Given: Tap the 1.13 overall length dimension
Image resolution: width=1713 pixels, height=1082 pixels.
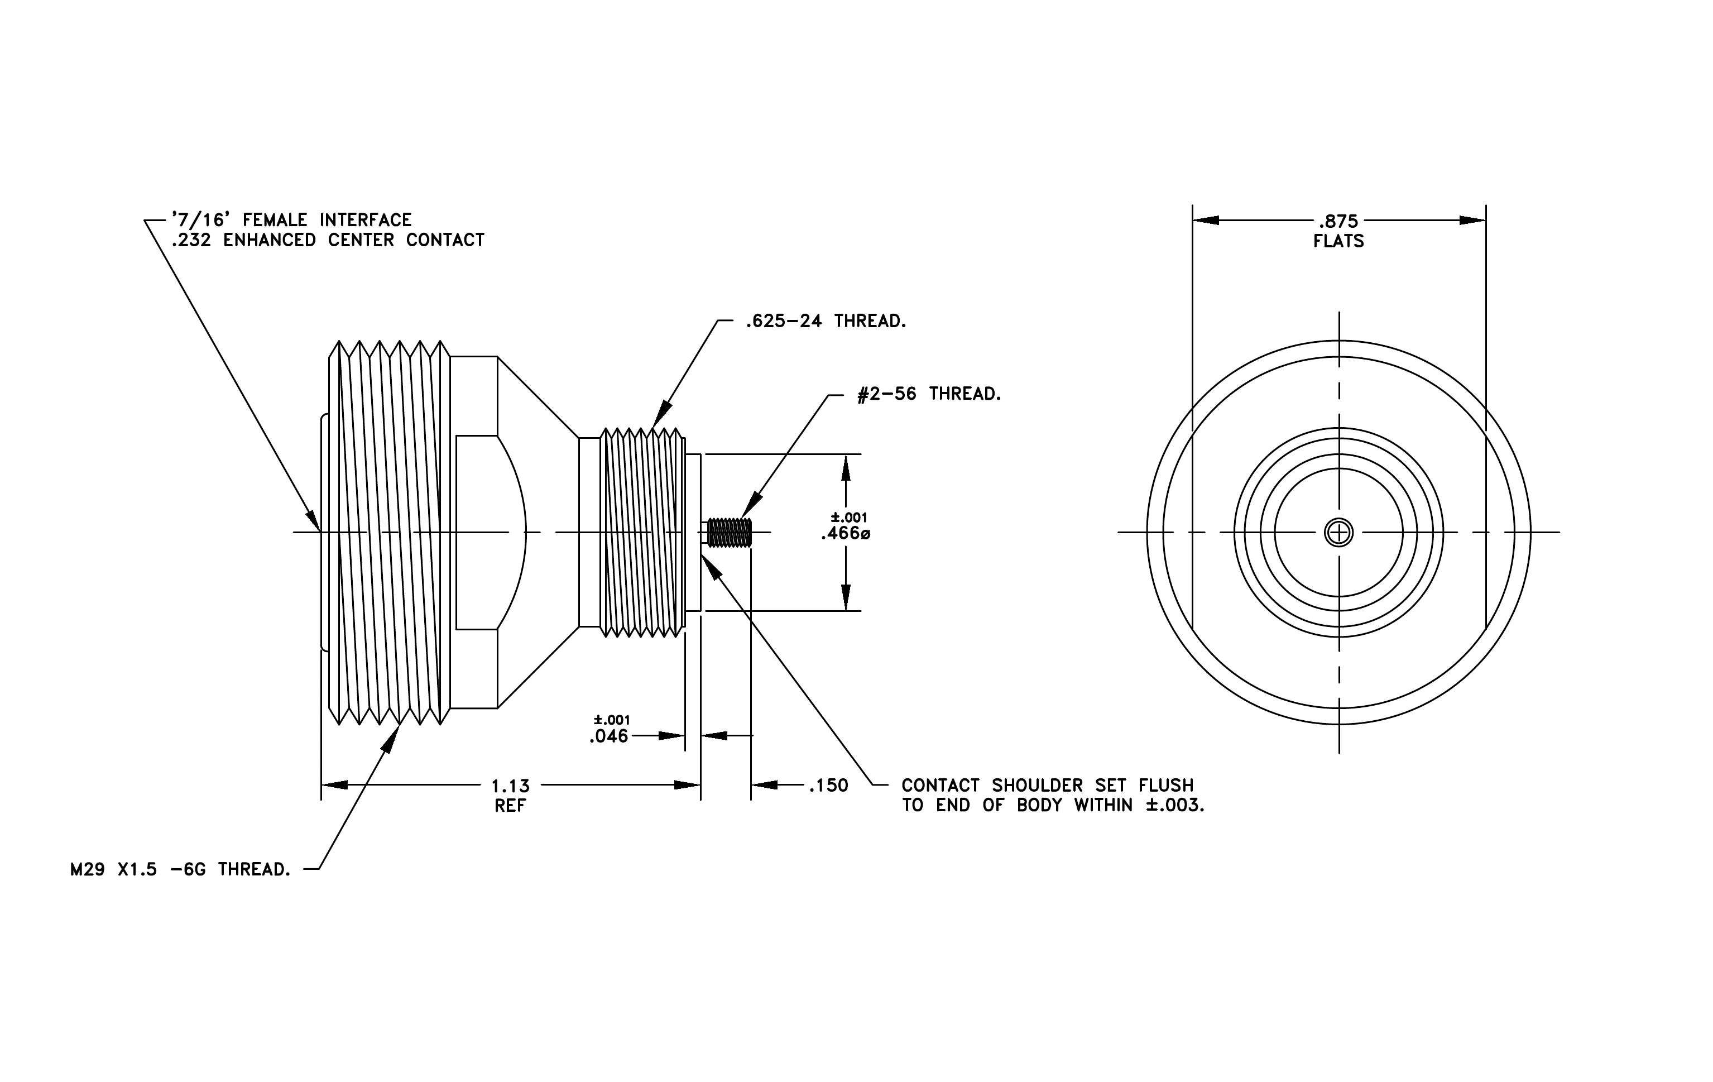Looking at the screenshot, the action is [511, 786].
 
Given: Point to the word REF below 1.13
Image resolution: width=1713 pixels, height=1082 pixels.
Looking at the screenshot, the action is [510, 806].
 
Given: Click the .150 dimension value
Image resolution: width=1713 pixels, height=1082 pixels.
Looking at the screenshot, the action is [828, 786].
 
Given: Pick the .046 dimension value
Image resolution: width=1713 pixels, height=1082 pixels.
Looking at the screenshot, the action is [609, 736].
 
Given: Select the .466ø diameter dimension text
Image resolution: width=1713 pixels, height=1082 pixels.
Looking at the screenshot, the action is [845, 534].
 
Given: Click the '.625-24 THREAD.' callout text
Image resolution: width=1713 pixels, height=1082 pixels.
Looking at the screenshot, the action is [826, 322].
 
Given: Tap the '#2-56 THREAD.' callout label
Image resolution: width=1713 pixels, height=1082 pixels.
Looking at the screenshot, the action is [929, 394].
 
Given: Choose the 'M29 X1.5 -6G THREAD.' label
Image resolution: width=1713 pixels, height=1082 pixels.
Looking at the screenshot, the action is [181, 869].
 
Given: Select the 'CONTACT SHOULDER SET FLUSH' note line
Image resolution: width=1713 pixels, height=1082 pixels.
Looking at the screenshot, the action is [1047, 786].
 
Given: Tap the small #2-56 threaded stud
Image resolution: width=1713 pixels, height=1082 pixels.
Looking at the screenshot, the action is [728, 533].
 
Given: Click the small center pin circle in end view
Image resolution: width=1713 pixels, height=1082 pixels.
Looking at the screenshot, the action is [1339, 532].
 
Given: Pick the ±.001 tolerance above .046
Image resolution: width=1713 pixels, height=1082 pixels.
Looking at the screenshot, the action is [612, 721].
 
